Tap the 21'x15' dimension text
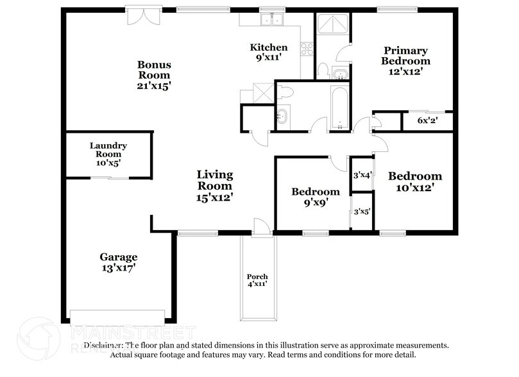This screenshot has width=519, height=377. coord(154,85)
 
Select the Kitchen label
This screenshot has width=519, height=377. coord(268,47)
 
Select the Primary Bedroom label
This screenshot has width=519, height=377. coord(405,56)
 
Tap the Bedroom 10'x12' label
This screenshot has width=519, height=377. coord(415,181)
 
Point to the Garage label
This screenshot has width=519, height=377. coord(118,263)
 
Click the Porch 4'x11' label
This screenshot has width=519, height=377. coord(257,280)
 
